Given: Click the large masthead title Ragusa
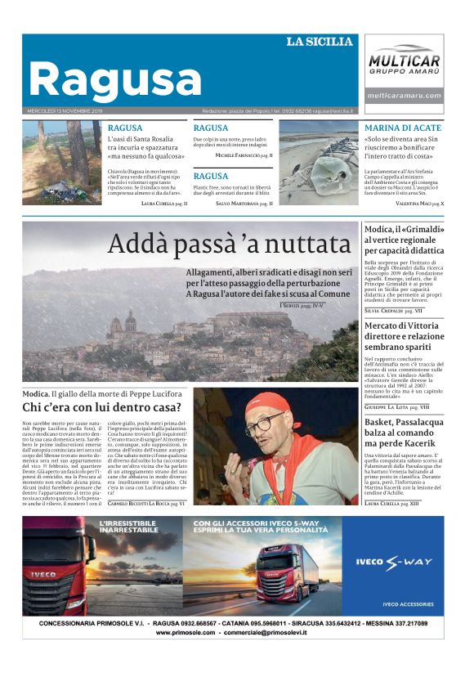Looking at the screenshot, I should (x=114, y=79).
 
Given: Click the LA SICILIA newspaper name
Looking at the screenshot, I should (x=319, y=41).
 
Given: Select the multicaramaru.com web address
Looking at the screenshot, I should (x=404, y=96).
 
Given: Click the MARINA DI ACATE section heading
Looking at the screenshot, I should (x=403, y=128).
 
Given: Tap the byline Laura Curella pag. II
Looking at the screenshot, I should (x=164, y=203).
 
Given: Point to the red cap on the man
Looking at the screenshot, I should (x=269, y=402).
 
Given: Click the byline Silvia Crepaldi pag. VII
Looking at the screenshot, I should (x=393, y=311).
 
